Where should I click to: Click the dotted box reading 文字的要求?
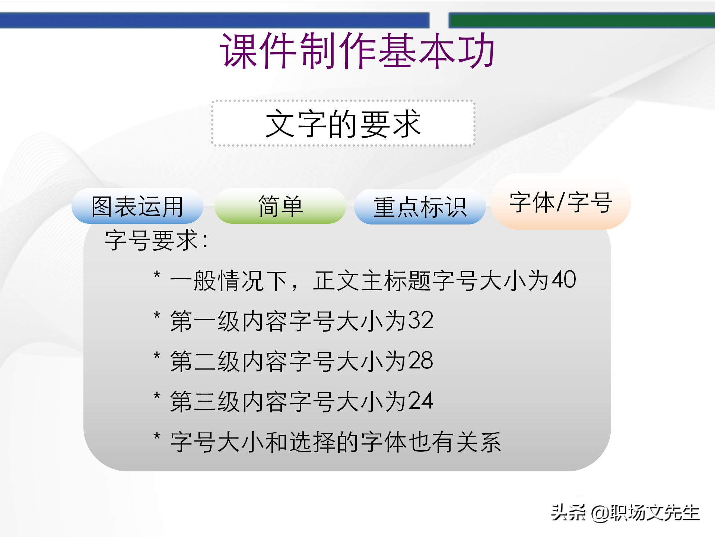pos(343,123)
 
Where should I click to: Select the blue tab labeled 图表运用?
pos(137,206)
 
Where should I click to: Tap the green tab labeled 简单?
pos(280,206)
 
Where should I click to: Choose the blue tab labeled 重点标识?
pos(420,207)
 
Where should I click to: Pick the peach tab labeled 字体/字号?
pos(560,202)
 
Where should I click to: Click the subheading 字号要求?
pos(156,240)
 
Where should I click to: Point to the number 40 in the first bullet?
pos(563,280)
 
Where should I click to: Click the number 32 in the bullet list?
pos(420,320)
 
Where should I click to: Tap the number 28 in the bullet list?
pos(420,361)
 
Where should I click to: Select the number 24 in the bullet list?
pos(420,401)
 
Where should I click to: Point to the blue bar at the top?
pos(214,20)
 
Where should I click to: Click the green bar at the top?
pos(581,20)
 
